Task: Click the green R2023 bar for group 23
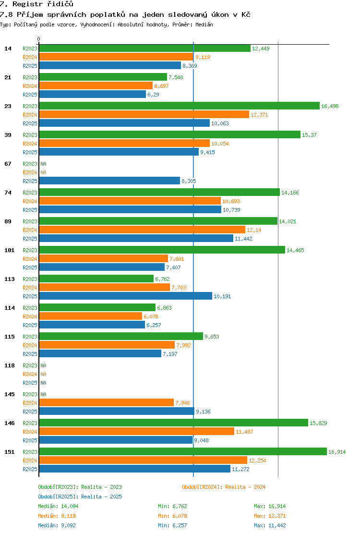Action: pyautogui.click(x=180, y=106)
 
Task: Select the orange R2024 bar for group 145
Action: pyautogui.click(x=107, y=402)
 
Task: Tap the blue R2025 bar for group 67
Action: pyautogui.click(x=109, y=181)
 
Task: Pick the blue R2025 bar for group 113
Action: pyautogui.click(x=126, y=296)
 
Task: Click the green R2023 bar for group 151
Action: pyautogui.click(x=183, y=451)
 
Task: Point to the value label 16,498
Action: pyautogui.click(x=330, y=106)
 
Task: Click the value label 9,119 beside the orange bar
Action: pyautogui.click(x=203, y=57)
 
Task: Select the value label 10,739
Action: pyautogui.click(x=231, y=210)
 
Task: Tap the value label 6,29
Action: pyautogui.click(x=153, y=95)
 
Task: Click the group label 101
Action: pyautogui.click(x=10, y=250)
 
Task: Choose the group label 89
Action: pyautogui.click(x=8, y=221)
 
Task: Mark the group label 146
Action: pyautogui.click(x=10, y=423)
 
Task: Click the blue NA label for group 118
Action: pyautogui.click(x=44, y=383)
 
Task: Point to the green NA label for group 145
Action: pyautogui.click(x=44, y=394)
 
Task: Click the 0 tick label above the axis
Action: pyautogui.click(x=38, y=39)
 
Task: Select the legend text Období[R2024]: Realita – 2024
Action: pyautogui.click(x=224, y=487)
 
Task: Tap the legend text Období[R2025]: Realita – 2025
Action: pyautogui.click(x=80, y=497)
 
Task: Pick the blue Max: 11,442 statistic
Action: pyautogui.click(x=270, y=525)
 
